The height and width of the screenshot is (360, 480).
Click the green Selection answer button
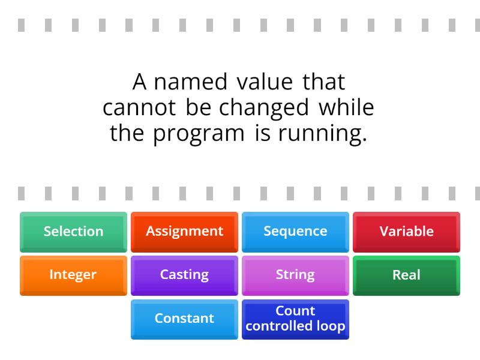pos(73,232)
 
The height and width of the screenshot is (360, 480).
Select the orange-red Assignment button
pos(184,232)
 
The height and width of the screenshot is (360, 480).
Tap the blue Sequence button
pos(295,232)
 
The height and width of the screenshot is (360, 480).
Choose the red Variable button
pos(406,232)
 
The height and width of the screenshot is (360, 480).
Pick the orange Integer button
pos(73,275)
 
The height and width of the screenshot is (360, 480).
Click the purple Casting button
pos(184,275)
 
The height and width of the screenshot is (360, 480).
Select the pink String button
pos(295,275)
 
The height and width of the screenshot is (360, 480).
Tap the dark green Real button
pos(406,275)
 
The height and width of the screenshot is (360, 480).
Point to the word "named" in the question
pos(190,82)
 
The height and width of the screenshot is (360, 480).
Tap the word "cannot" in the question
pos(139,108)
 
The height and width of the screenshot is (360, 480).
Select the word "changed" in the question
pos(264,109)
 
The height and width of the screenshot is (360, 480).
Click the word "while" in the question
pos(346,108)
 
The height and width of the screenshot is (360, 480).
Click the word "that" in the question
pos(324,82)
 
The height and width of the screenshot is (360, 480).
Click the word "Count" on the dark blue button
pos(295,311)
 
